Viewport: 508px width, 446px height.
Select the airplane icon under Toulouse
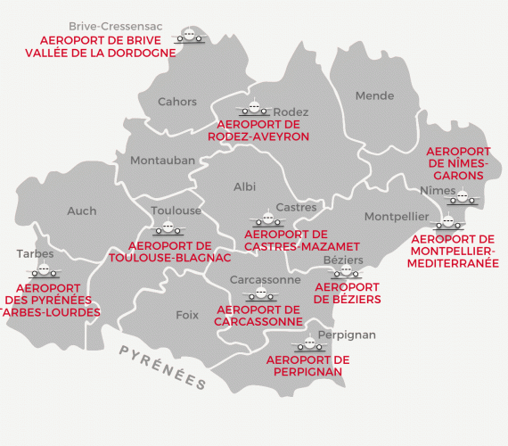click(169, 228)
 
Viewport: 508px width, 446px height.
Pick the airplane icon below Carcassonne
click(260, 293)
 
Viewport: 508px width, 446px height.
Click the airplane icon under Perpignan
click(309, 344)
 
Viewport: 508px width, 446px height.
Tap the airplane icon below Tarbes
click(43, 270)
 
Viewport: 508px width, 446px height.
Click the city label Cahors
click(177, 102)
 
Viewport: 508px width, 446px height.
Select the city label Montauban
click(162, 161)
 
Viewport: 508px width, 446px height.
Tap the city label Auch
click(81, 211)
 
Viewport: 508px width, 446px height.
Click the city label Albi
click(244, 186)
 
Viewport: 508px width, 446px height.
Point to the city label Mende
click(374, 95)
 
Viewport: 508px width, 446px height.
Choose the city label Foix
click(187, 315)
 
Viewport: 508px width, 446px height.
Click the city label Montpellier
click(397, 217)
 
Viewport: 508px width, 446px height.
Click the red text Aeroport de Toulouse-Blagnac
click(170, 252)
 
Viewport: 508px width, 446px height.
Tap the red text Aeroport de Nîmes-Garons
click(458, 163)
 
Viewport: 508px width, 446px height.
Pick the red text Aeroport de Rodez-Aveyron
click(258, 130)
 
